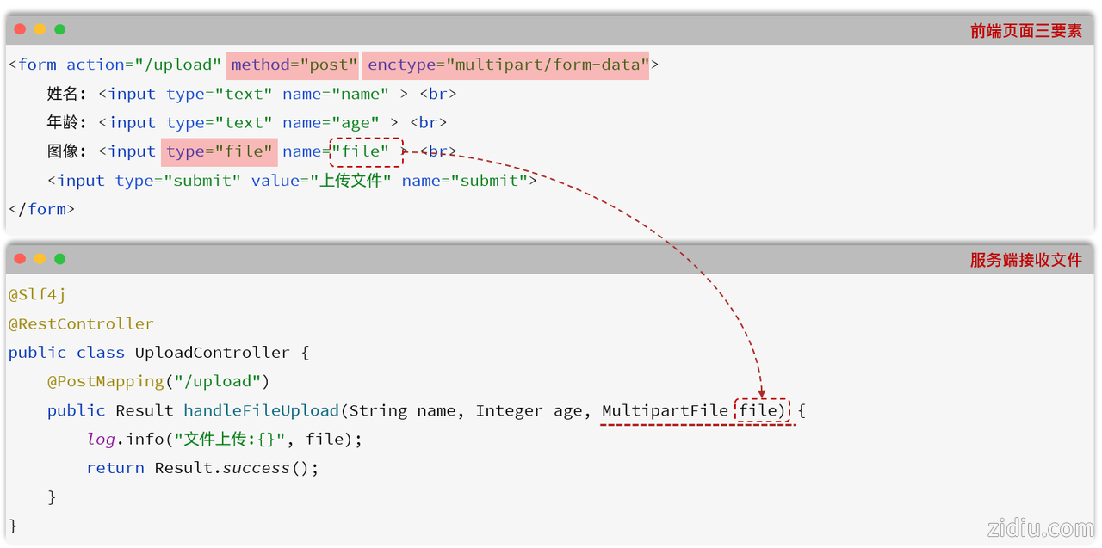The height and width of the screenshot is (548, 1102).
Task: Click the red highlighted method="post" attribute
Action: [292, 65]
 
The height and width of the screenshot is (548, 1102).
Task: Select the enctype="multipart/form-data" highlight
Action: [505, 65]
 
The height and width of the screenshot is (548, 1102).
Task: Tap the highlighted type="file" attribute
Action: [220, 152]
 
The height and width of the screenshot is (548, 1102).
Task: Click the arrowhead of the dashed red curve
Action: [762, 392]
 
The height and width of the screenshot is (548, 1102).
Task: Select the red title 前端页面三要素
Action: [1025, 31]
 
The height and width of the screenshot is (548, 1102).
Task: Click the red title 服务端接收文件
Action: [1025, 260]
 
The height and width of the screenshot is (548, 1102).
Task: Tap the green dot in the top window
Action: [60, 29]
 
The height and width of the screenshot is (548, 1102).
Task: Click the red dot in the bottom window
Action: [20, 259]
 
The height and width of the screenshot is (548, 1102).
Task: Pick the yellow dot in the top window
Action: [40, 29]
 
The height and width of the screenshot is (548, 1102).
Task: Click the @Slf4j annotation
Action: [37, 295]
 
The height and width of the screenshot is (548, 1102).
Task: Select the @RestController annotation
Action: [81, 323]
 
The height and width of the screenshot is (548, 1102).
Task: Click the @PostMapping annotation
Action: [106, 381]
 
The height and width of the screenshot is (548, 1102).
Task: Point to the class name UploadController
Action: [212, 353]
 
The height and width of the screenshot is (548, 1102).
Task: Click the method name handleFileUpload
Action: [261, 410]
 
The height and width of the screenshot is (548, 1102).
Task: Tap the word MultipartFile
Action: [666, 410]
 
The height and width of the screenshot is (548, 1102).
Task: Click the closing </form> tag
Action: [42, 209]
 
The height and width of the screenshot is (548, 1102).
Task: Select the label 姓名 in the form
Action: [62, 94]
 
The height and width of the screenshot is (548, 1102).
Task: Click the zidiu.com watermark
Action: [1041, 528]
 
